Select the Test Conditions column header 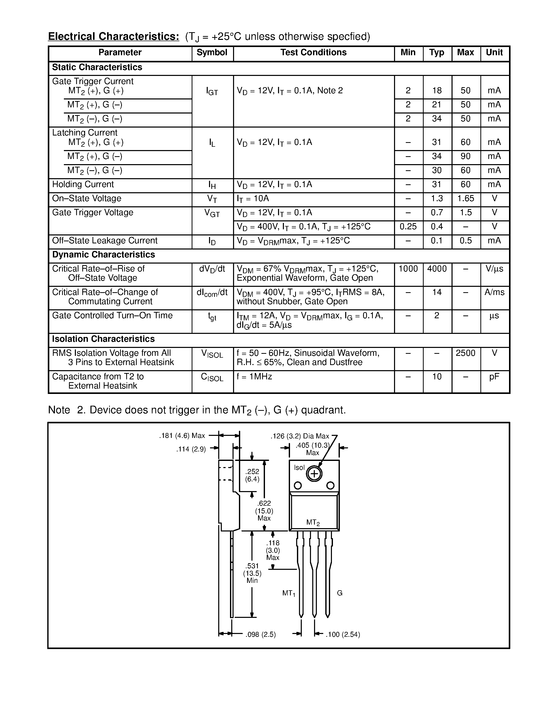pyautogui.click(x=313, y=52)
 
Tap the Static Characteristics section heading pyautogui.click(x=97, y=67)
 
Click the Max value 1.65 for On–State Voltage pyautogui.click(x=466, y=199)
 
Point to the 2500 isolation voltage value pyautogui.click(x=466, y=353)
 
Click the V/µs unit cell pyautogui.click(x=494, y=269)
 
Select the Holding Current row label pyautogui.click(x=83, y=184)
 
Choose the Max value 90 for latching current pyautogui.click(x=466, y=156)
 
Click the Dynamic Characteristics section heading pyautogui.click(x=103, y=255)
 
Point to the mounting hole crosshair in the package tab pyautogui.click(x=314, y=474)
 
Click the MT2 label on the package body pyautogui.click(x=313, y=523)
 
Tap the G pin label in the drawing pyautogui.click(x=340, y=593)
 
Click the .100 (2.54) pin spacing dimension pyautogui.click(x=343, y=634)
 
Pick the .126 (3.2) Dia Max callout pyautogui.click(x=300, y=436)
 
